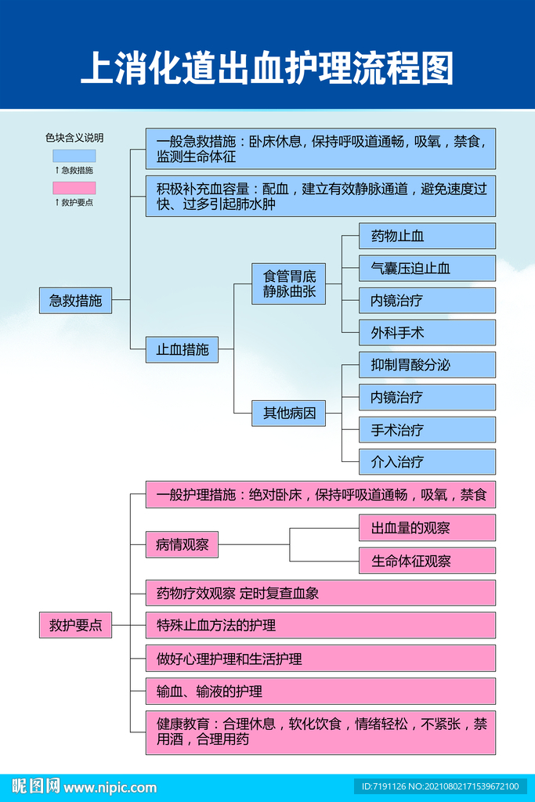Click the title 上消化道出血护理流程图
(267, 69)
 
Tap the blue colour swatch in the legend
(74, 156)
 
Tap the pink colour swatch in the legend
(74, 188)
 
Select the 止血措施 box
(182, 349)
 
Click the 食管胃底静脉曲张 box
(288, 284)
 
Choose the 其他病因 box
(288, 413)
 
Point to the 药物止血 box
(427, 236)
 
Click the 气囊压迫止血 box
(427, 268)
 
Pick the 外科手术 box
(427, 333)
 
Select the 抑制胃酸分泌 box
(427, 365)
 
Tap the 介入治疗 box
(427, 462)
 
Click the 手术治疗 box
(427, 430)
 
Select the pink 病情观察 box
(182, 544)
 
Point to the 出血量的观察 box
(427, 528)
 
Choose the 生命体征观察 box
(427, 561)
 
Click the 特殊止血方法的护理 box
(320, 626)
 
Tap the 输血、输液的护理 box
(320, 692)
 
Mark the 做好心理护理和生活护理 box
(320, 659)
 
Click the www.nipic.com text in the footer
(110, 787)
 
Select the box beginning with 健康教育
(320, 732)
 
